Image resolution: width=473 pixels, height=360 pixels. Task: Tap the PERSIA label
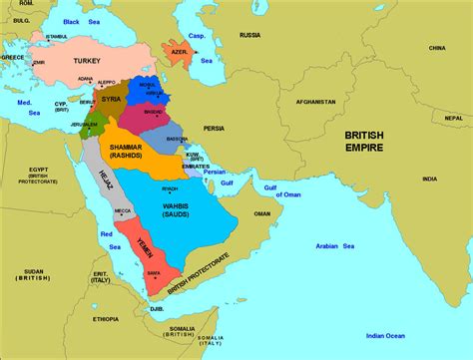215,129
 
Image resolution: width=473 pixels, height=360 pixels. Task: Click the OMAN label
262,213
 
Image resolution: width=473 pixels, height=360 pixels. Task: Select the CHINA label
436,47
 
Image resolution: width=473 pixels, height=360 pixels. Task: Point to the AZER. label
181,50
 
